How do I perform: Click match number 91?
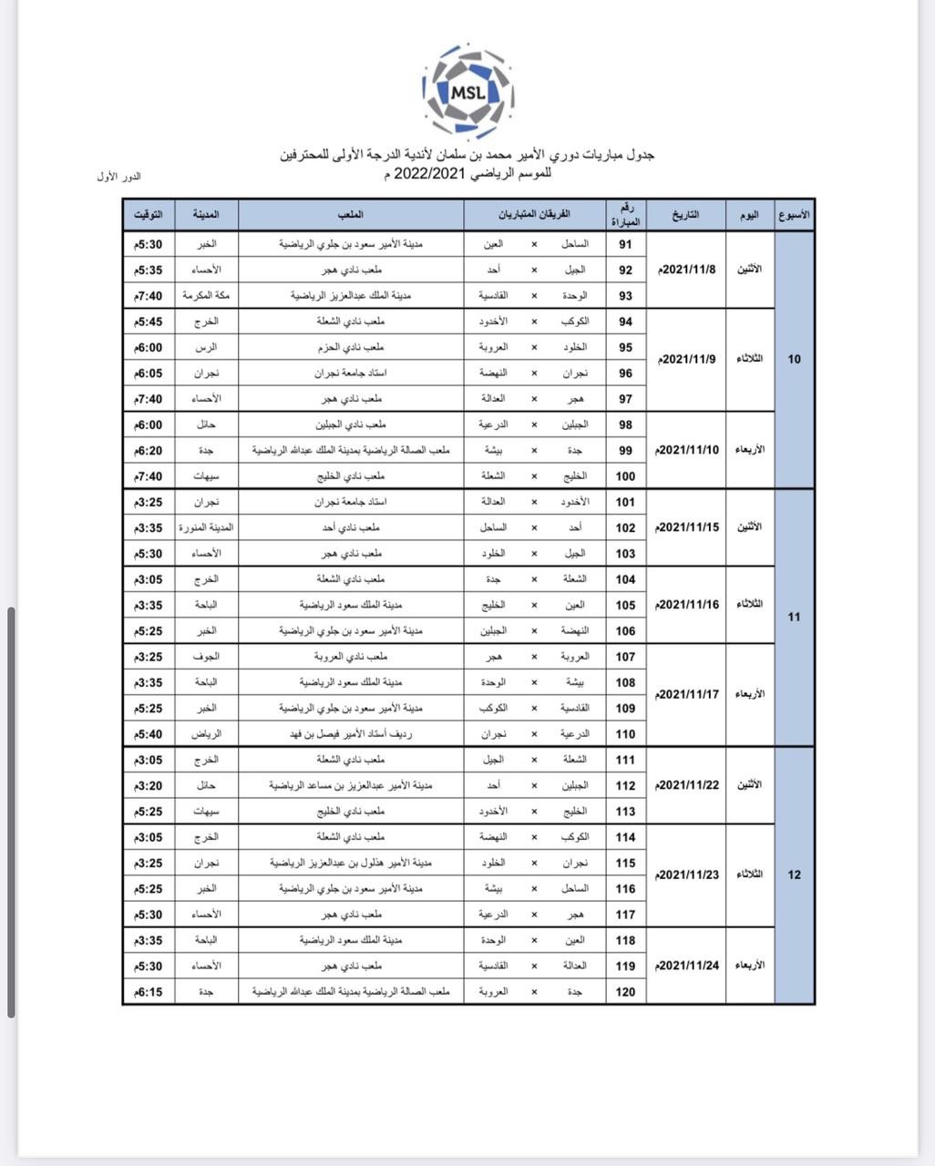coord(626,244)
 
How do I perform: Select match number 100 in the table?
coord(626,476)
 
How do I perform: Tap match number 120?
coord(626,991)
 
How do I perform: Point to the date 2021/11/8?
coord(687,270)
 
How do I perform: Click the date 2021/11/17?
coord(687,694)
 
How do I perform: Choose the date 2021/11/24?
coord(687,966)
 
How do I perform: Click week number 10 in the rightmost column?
coord(794,359)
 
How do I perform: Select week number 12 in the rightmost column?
coord(794,874)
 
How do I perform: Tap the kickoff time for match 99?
coord(149,450)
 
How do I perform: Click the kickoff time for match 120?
coord(149,991)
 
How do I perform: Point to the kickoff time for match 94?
coord(149,322)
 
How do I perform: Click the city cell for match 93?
coord(206,295)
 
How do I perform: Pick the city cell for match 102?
coord(206,527)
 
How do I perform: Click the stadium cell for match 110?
coord(351,733)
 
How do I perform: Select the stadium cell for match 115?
coord(351,863)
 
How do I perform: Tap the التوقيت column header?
coord(149,215)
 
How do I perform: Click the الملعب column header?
coord(351,215)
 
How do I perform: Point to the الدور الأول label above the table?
coord(118,177)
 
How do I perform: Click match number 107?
coord(626,656)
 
